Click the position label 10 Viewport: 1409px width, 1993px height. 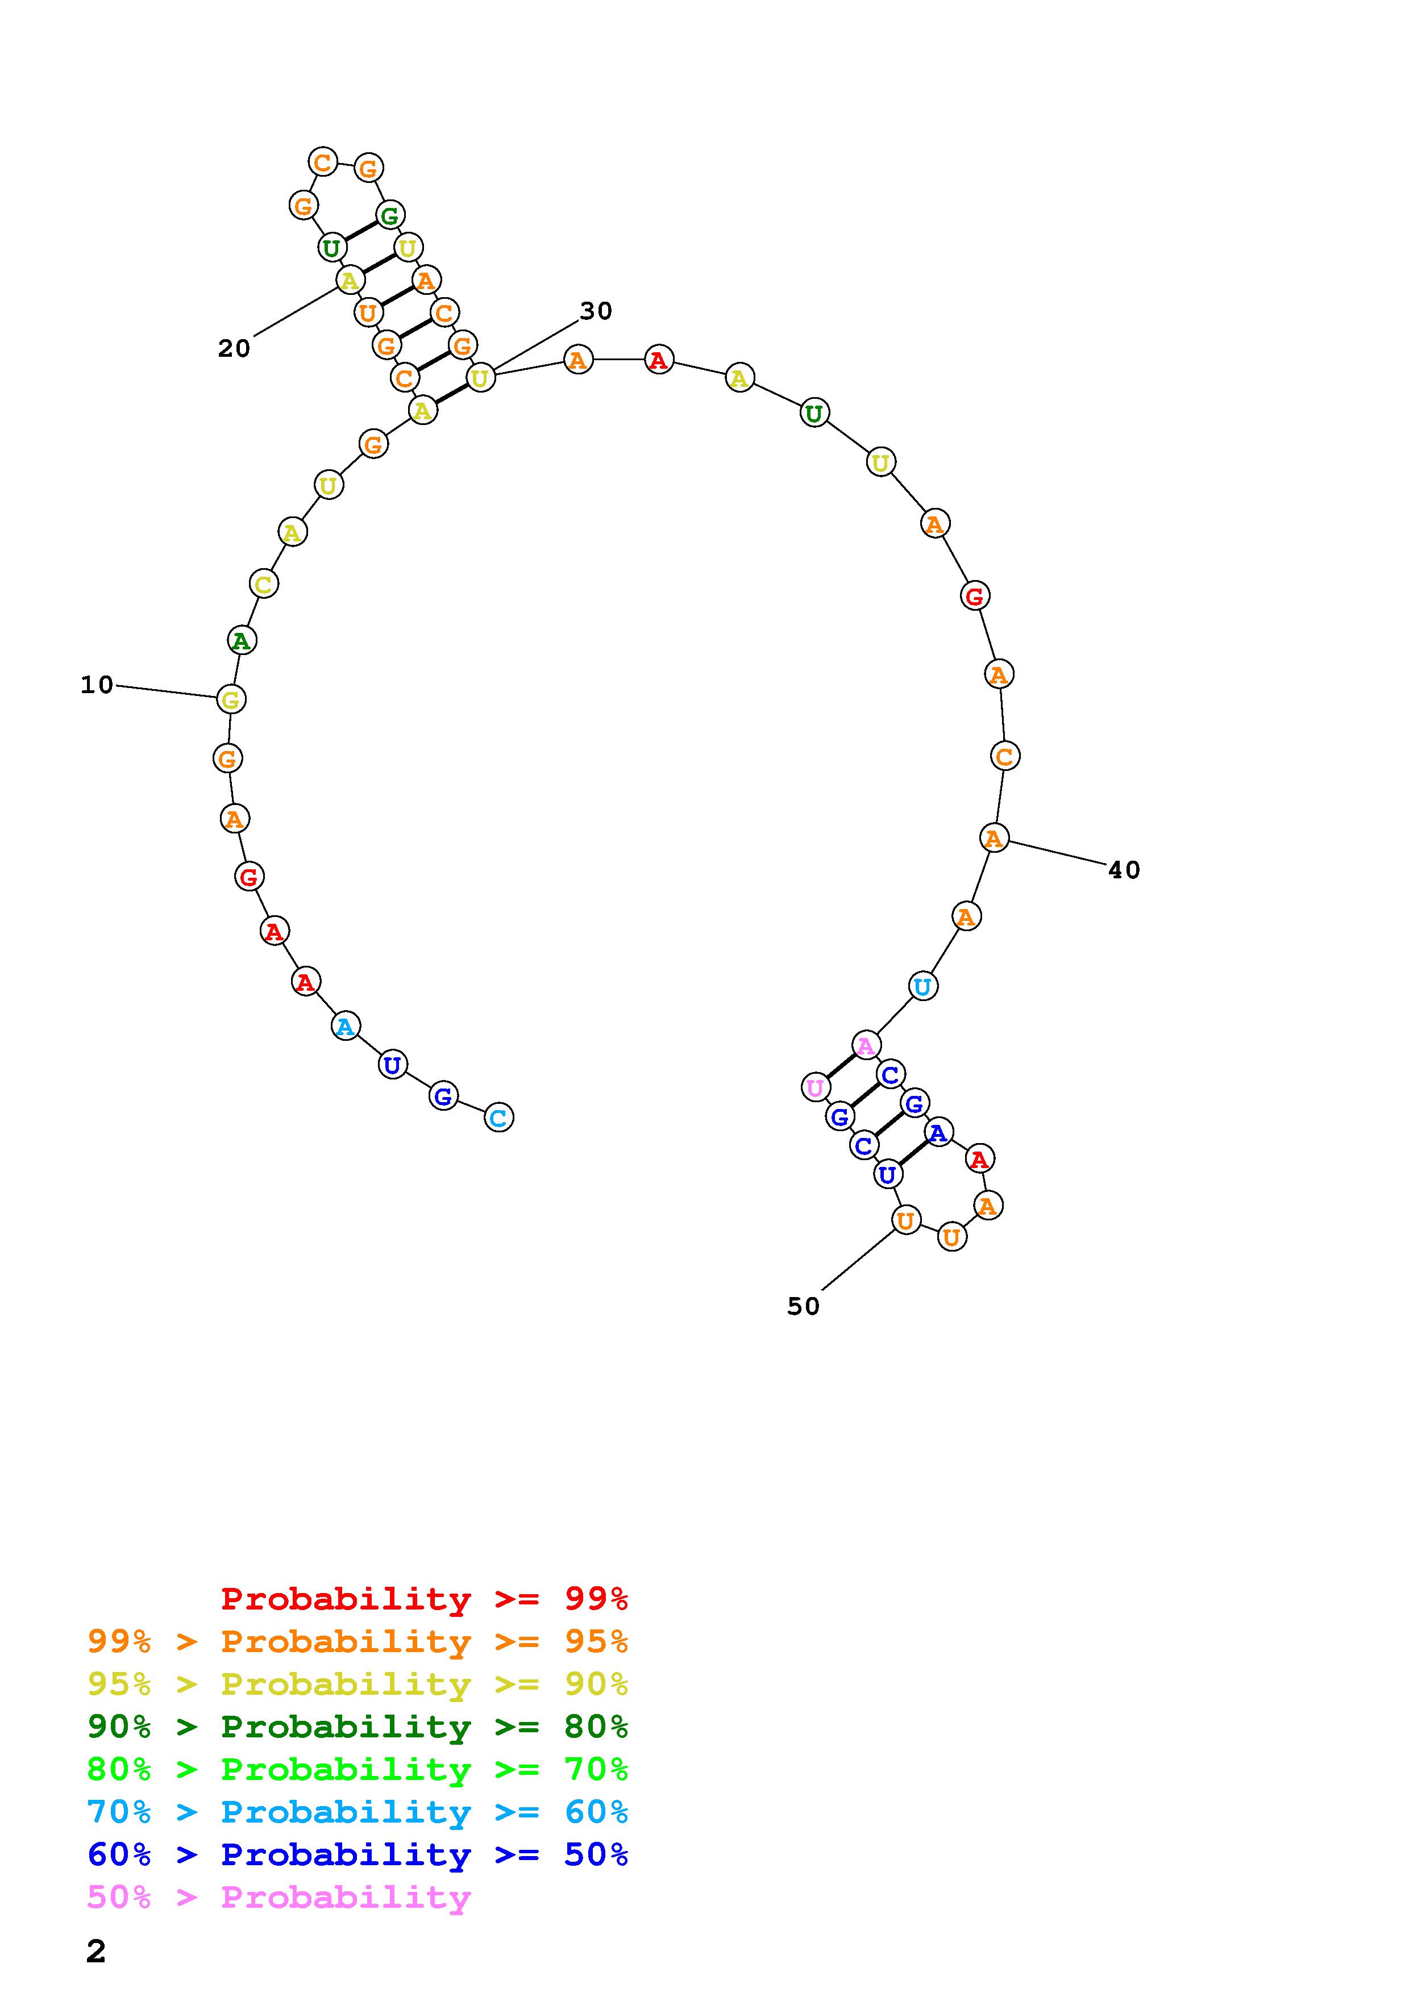point(97,685)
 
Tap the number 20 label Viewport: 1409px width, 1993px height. point(234,348)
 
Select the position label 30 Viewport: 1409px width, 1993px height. point(596,311)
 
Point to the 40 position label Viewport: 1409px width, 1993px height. point(1124,870)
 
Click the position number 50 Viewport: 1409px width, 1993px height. point(804,1306)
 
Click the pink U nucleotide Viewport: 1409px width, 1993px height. point(815,1087)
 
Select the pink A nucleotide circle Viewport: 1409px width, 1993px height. point(866,1046)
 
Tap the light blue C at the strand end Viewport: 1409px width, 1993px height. point(498,1117)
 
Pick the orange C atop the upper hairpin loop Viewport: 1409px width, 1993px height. point(323,161)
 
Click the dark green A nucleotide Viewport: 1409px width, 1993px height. point(242,641)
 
